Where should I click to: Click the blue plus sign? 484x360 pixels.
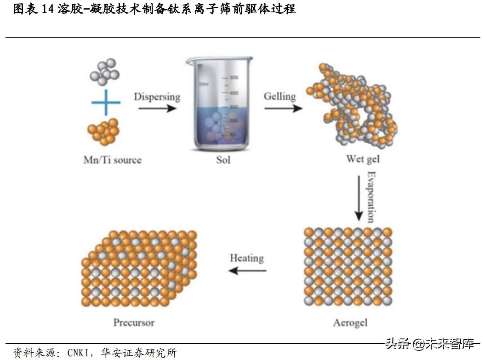tap(106, 102)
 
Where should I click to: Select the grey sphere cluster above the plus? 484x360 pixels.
tap(105, 70)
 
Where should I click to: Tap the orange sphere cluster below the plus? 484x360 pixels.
tap(103, 132)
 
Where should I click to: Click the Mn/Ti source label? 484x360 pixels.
tap(112, 160)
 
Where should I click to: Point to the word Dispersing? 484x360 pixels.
tap(157, 97)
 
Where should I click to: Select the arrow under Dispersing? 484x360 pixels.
tap(157, 109)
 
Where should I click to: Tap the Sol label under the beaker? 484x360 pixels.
tap(223, 160)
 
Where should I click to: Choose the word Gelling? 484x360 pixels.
tap(279, 96)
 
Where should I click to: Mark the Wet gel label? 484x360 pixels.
tap(363, 160)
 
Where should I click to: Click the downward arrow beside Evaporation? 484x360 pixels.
tap(359, 197)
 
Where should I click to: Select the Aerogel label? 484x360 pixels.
tap(350, 323)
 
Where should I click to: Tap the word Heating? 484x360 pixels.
tap(247, 258)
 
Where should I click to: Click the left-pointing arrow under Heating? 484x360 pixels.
tap(247, 270)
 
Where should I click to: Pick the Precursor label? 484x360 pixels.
tap(134, 322)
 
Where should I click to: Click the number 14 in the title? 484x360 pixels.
tap(48, 9)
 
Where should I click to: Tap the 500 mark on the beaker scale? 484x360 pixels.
tap(233, 78)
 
